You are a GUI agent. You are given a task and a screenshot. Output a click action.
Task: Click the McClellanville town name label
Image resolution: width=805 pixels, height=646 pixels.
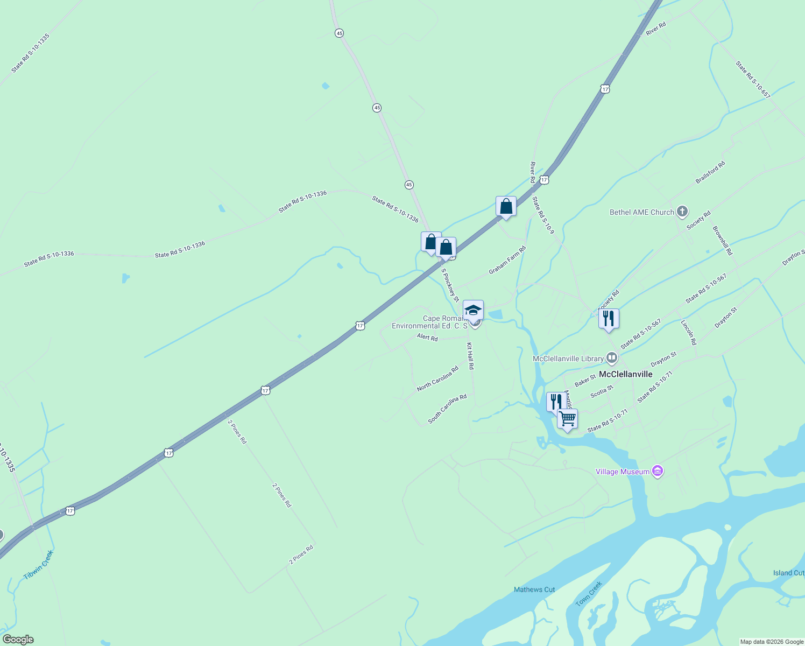(625, 374)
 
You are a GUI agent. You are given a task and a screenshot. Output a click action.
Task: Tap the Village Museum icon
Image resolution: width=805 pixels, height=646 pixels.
(657, 472)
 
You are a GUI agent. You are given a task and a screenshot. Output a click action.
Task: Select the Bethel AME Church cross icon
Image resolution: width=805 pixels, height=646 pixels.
(682, 212)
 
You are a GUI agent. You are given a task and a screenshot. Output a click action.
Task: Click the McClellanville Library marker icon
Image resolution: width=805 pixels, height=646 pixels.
(611, 358)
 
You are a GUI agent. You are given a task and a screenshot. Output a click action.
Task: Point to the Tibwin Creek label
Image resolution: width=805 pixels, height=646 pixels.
(39, 565)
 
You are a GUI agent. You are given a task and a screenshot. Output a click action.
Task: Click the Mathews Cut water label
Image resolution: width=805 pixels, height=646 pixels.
(534, 589)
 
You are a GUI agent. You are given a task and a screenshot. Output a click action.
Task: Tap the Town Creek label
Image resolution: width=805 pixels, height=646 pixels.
(589, 594)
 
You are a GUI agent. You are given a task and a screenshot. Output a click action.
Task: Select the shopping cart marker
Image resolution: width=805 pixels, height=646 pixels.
(567, 419)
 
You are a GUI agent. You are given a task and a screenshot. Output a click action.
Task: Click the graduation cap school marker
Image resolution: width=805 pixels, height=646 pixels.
(473, 310)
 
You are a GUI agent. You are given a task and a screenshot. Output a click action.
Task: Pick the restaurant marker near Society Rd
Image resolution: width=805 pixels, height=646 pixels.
(608, 319)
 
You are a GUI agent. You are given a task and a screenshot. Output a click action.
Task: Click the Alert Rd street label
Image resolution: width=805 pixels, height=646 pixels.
(427, 338)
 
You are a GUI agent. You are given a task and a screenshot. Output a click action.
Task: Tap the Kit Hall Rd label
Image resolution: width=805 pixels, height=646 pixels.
(470, 356)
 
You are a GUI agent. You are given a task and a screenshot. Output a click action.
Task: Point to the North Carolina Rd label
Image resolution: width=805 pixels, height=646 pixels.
(437, 378)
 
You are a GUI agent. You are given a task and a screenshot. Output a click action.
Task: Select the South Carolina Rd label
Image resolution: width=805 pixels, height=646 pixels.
(447, 409)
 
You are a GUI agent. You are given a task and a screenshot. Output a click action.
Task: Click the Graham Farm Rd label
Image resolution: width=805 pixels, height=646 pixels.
(507, 260)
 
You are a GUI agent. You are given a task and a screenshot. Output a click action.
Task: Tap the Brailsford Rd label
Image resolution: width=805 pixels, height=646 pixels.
(710, 172)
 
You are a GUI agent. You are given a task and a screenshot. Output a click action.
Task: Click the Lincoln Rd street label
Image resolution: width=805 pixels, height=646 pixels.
(689, 333)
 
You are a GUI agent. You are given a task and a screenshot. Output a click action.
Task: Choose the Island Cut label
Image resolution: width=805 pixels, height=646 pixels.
(788, 573)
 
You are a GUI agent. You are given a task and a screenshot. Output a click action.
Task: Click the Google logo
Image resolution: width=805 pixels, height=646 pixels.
(18, 640)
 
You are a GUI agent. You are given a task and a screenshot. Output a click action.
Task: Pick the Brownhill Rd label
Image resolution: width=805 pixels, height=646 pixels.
(723, 241)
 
